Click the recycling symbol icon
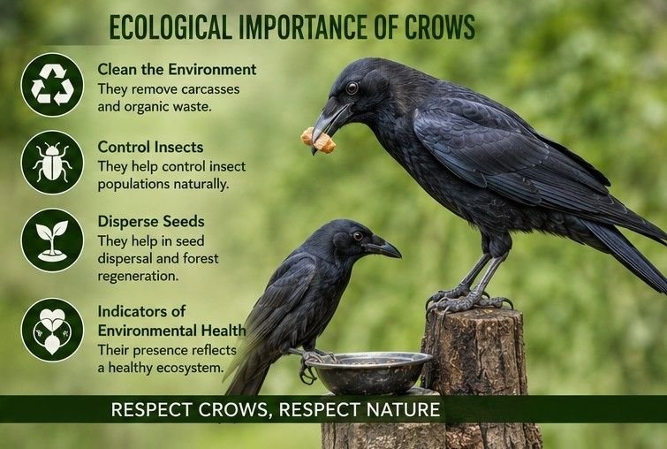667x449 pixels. click(52, 84)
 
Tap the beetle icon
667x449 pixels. click(52, 162)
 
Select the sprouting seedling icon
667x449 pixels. click(52, 240)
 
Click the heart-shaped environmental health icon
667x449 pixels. click(52, 330)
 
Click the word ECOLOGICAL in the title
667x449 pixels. click(171, 27)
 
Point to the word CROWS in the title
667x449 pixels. click(439, 27)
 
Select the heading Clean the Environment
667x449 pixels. click(177, 69)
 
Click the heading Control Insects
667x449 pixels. click(150, 147)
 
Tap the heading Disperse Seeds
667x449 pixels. click(151, 221)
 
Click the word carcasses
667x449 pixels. click(209, 90)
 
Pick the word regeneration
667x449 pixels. click(138, 277)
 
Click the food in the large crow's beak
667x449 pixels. click(319, 140)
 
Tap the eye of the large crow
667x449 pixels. click(352, 88)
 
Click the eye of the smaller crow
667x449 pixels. click(358, 235)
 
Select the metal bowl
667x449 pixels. click(368, 371)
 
